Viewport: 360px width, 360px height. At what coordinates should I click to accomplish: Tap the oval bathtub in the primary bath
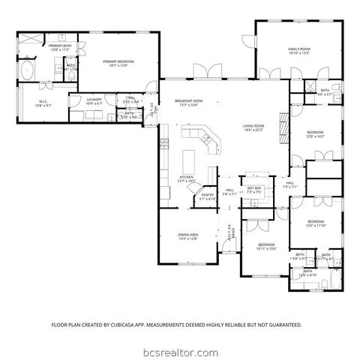pyautogui.click(x=27, y=73)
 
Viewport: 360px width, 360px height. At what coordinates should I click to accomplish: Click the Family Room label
pyautogui.click(x=299, y=49)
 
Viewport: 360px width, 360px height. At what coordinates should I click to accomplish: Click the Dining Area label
pyautogui.click(x=187, y=235)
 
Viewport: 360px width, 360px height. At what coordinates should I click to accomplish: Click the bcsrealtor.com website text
pyautogui.click(x=180, y=349)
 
